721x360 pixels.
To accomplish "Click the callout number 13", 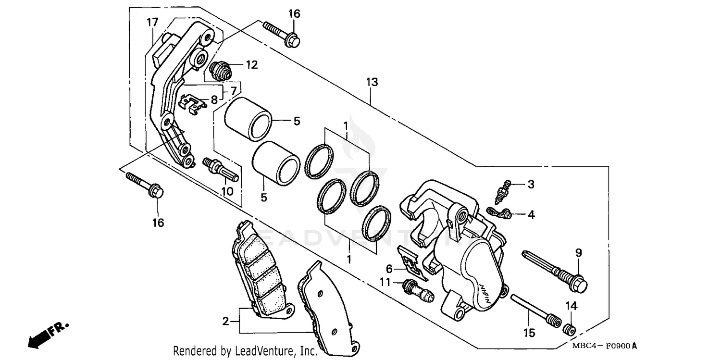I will pos(372,82).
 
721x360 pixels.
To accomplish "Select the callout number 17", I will pos(152,22).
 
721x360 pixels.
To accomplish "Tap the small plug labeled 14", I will pos(570,330).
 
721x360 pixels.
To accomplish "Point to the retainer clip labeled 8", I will pos(193,104).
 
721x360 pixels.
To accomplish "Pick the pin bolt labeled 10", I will pos(220,168).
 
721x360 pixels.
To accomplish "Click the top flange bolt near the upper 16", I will pos(281,33).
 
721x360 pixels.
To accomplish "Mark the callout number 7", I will pos(233,91).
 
